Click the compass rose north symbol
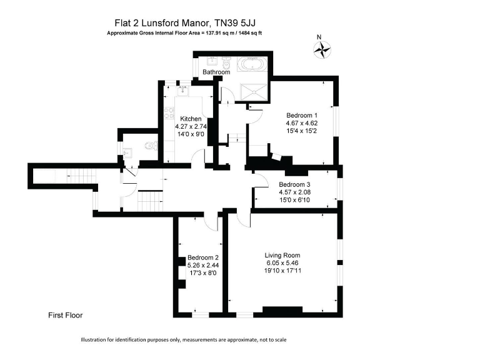coord(323,49)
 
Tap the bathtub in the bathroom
coord(252,64)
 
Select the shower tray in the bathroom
coord(253,92)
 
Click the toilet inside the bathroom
coord(227,63)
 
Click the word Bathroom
coord(216,72)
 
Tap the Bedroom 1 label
coord(302,116)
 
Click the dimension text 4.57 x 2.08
coord(294,192)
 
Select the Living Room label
coord(282,255)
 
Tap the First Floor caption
coord(66,316)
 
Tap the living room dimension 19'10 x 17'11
coord(282,271)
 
